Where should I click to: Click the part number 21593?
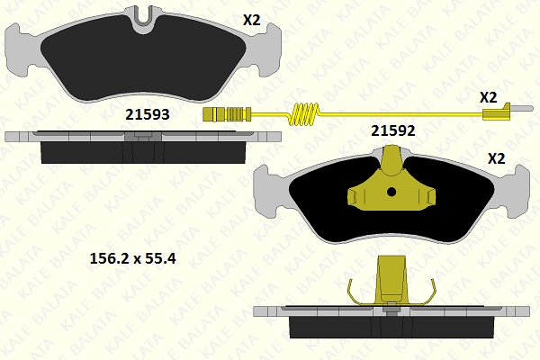point(148,114)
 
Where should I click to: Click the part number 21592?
point(393,130)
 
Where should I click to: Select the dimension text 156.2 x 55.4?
point(132,258)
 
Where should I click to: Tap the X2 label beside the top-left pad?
point(252,21)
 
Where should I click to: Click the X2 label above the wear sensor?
point(489,97)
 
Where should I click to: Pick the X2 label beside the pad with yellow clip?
point(497,158)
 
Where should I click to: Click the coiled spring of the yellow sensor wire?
point(304,113)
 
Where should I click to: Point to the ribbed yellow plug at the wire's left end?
point(227,114)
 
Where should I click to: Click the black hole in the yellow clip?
point(391,192)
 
